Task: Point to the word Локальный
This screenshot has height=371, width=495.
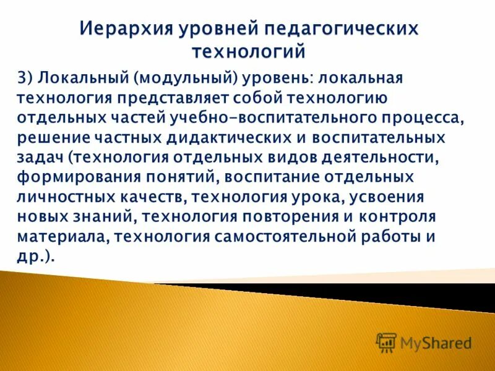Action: click(x=82, y=79)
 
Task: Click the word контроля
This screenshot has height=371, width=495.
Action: click(x=395, y=217)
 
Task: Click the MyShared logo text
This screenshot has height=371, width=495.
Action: click(x=436, y=342)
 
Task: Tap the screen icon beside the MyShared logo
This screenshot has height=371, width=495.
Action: click(x=387, y=342)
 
